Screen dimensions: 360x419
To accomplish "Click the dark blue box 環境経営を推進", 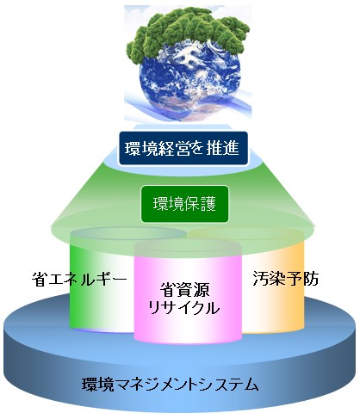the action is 183,148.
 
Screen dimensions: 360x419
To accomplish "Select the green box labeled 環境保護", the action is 184,204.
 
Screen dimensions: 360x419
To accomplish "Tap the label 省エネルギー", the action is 79,278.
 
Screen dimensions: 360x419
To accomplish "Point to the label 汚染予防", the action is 286,278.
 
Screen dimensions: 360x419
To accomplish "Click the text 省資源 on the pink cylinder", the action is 184,290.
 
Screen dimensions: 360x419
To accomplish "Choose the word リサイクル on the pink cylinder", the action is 183,308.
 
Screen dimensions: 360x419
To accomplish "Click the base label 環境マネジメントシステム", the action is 171,385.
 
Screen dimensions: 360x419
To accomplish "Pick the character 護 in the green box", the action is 208,204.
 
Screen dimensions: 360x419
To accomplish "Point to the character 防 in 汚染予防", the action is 311,278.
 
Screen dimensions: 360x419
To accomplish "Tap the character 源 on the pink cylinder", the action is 202,290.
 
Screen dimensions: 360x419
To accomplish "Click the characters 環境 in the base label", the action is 98,385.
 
